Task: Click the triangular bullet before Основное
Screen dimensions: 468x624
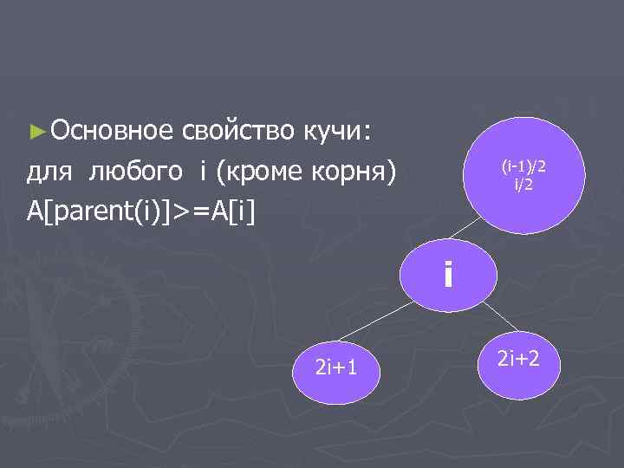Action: pyautogui.click(x=35, y=133)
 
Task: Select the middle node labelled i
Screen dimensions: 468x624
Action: pyautogui.click(x=447, y=276)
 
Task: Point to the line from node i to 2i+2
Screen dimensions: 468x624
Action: pyautogui.click(x=494, y=315)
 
